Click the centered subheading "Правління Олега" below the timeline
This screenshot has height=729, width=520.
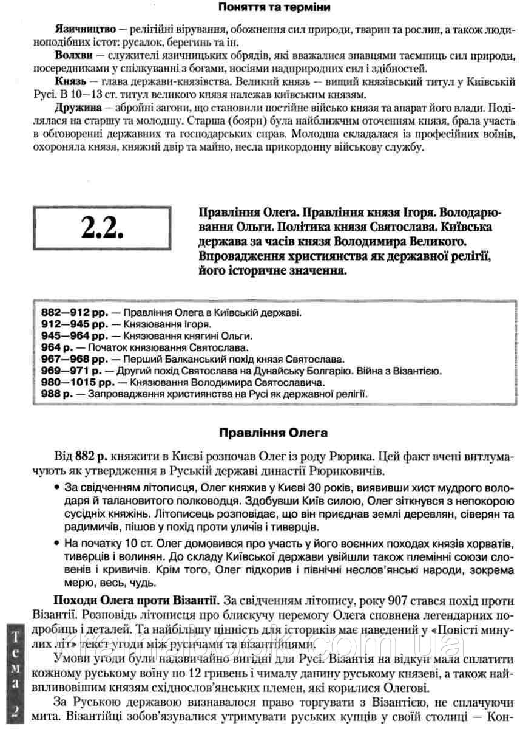[x=272, y=433]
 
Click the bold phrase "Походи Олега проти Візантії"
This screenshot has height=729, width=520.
[x=134, y=601]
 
